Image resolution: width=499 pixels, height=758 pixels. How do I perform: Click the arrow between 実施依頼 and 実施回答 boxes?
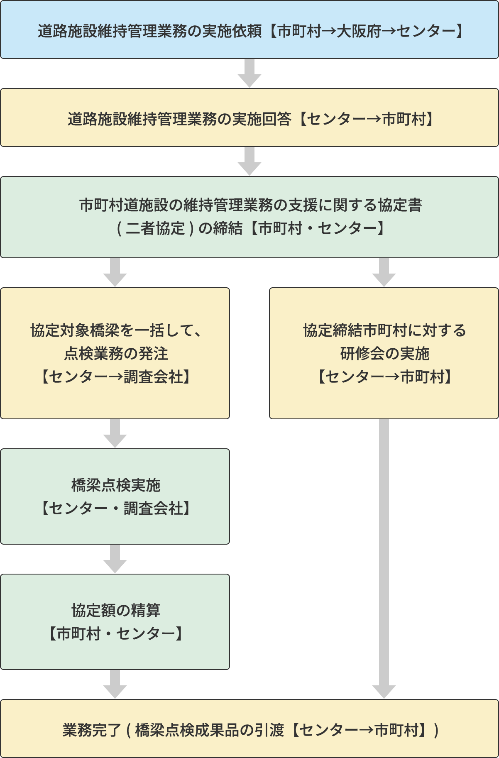[x=249, y=73]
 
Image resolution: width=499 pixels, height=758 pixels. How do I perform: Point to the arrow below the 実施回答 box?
[x=249, y=161]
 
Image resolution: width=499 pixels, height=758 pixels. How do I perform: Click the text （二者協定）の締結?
[x=179, y=228]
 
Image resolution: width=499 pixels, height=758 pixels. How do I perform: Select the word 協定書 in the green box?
[x=400, y=205]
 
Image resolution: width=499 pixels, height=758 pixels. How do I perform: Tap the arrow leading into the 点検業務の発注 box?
[x=115, y=272]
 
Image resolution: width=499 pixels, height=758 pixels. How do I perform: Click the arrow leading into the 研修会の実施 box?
[x=384, y=272]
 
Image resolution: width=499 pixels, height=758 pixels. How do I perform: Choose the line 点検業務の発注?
[x=115, y=354]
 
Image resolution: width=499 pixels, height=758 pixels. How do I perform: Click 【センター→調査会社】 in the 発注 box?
[x=115, y=377]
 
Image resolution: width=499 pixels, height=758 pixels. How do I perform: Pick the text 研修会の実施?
[x=384, y=354]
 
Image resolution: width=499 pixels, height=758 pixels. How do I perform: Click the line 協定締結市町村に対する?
[x=384, y=330]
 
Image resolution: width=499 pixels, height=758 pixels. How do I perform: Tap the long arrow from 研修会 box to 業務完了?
[x=384, y=556]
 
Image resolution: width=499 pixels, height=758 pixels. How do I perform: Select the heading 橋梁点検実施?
[x=115, y=485]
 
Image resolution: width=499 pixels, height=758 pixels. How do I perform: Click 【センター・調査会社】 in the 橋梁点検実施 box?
[x=115, y=508]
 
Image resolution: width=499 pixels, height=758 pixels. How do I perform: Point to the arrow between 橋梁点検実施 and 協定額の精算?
[x=115, y=559]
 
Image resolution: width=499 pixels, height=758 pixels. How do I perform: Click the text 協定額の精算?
[x=115, y=610]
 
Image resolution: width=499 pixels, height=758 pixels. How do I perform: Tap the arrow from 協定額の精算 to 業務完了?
[x=115, y=684]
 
